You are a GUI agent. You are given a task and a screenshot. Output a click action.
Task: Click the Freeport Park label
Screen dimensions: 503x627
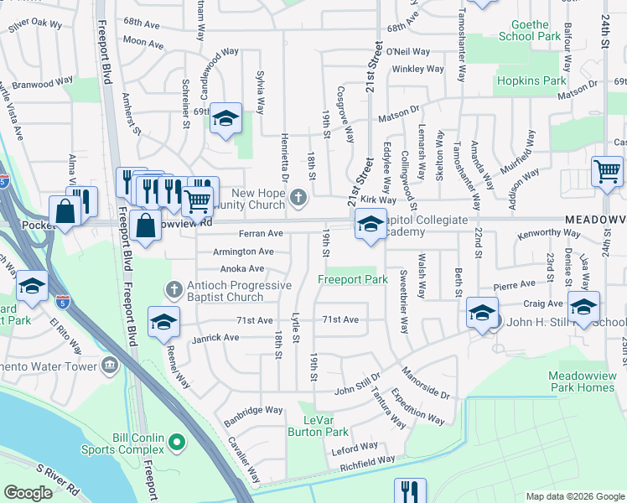(x=352, y=279)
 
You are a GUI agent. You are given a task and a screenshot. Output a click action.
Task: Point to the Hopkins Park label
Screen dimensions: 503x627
(x=531, y=81)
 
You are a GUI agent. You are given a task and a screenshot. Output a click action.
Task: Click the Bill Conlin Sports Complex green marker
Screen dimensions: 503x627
(x=176, y=440)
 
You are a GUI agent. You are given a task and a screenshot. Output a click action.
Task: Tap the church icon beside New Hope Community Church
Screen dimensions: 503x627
(x=298, y=198)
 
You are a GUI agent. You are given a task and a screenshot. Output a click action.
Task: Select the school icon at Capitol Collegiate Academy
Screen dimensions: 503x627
(x=370, y=225)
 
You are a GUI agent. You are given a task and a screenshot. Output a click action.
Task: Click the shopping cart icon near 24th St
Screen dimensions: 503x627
(x=607, y=172)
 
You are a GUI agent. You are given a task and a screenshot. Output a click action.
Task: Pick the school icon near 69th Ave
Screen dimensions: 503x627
(x=225, y=119)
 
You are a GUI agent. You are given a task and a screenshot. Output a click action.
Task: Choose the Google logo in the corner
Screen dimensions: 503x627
(x=28, y=493)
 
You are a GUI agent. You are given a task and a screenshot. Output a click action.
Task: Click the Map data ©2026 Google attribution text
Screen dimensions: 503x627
(x=575, y=496)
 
